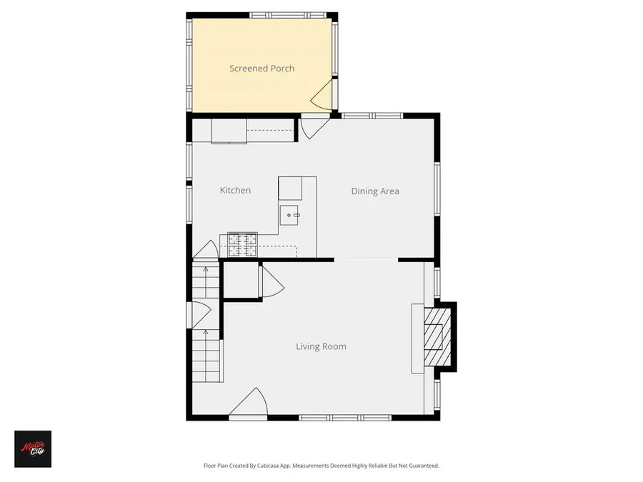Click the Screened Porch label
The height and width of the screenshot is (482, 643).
click(x=261, y=69)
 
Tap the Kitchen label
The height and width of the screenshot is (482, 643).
click(x=235, y=190)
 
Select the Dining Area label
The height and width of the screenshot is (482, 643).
click(x=374, y=191)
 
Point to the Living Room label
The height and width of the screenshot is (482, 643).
click(x=321, y=346)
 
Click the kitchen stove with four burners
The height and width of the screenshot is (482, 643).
click(x=242, y=244)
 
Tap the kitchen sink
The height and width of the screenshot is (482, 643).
click(x=291, y=213)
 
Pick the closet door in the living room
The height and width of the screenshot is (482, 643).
click(x=271, y=281)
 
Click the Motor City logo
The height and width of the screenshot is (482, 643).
click(x=33, y=448)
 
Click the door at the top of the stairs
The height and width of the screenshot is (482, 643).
click(x=206, y=251)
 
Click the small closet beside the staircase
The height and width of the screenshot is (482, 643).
click(x=241, y=278)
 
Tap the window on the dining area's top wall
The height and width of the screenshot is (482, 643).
click(x=372, y=116)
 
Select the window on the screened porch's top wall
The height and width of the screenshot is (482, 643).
click(x=288, y=14)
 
